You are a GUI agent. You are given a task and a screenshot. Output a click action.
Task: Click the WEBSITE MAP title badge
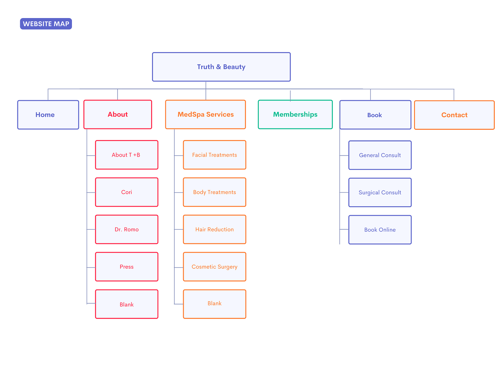46,24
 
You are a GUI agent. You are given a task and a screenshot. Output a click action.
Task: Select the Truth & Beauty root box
221,67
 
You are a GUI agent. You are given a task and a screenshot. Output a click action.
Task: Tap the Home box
48,114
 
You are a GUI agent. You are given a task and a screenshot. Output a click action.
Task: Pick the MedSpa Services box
205,114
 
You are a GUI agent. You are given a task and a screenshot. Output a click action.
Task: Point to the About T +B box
126,154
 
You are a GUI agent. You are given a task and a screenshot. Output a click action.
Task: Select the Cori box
126,192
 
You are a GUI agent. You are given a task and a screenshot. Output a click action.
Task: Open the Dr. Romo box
126,229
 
